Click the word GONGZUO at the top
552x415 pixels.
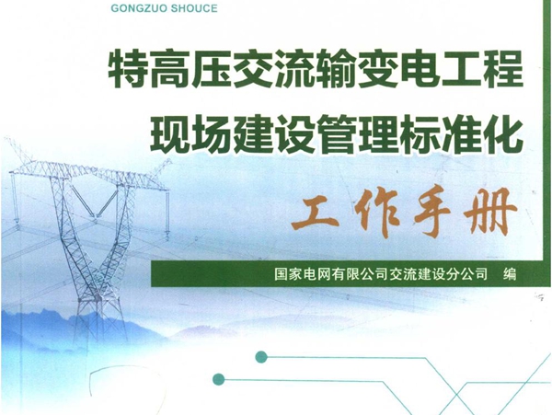[147, 9]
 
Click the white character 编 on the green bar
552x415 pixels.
[504, 273]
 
